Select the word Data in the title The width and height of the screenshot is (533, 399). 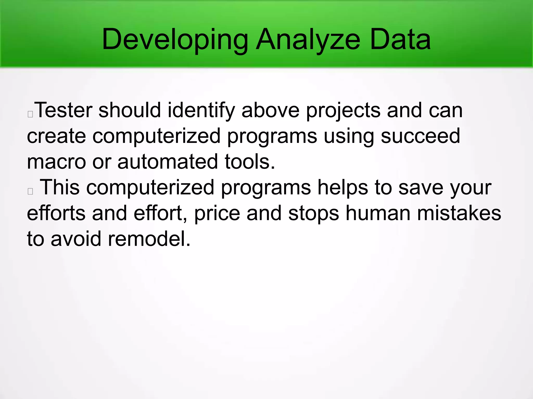pos(400,40)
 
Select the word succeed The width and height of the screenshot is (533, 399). pos(420,136)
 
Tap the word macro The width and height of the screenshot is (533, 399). pos(56,161)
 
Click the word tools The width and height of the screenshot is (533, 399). pos(250,161)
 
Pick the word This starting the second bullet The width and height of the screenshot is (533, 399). pos(60,187)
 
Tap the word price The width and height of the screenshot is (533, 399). pos(217,213)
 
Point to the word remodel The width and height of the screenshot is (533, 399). pos(149,238)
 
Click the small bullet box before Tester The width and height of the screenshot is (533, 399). pos(30,114)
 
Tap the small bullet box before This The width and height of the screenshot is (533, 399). pos(30,191)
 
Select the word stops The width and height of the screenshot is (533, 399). pos(314,213)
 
